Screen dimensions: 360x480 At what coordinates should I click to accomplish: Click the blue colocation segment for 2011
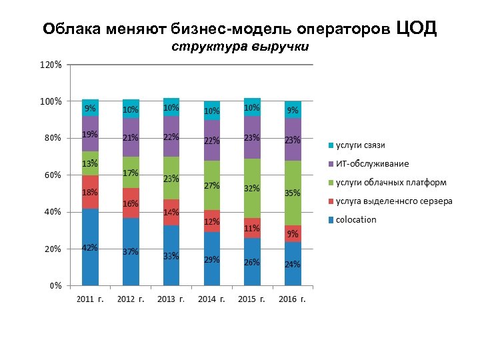pyautogui.click(x=90, y=247)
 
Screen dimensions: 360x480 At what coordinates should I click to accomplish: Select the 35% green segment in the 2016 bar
pyautogui.click(x=293, y=193)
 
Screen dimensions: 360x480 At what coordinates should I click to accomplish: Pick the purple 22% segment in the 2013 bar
pyautogui.click(x=171, y=137)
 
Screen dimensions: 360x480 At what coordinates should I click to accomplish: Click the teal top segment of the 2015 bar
pyautogui.click(x=252, y=107)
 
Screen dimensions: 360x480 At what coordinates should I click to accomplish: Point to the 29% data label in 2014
pyautogui.click(x=212, y=260)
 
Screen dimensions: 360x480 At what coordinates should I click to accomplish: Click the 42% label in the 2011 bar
pyautogui.click(x=90, y=248)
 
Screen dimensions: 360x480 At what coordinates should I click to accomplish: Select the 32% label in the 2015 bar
pyautogui.click(x=252, y=189)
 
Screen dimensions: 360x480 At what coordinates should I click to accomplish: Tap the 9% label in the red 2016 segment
pyautogui.click(x=293, y=234)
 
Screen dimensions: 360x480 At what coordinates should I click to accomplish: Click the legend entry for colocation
pyautogui.click(x=355, y=220)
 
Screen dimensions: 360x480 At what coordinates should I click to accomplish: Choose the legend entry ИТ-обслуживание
pyautogui.click(x=372, y=164)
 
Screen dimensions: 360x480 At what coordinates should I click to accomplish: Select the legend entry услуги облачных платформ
pyautogui.click(x=391, y=183)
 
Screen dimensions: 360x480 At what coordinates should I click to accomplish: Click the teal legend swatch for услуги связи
pyautogui.click(x=330, y=145)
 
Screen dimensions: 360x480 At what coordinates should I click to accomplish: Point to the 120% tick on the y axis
pyautogui.click(x=51, y=65)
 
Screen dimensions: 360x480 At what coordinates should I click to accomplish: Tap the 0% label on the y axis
pyautogui.click(x=56, y=285)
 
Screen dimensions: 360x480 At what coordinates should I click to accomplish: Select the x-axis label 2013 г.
pyautogui.click(x=171, y=299)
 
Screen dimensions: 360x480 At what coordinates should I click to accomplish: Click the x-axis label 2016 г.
pyautogui.click(x=293, y=299)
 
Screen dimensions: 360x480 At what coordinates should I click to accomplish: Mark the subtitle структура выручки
pyautogui.click(x=240, y=47)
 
